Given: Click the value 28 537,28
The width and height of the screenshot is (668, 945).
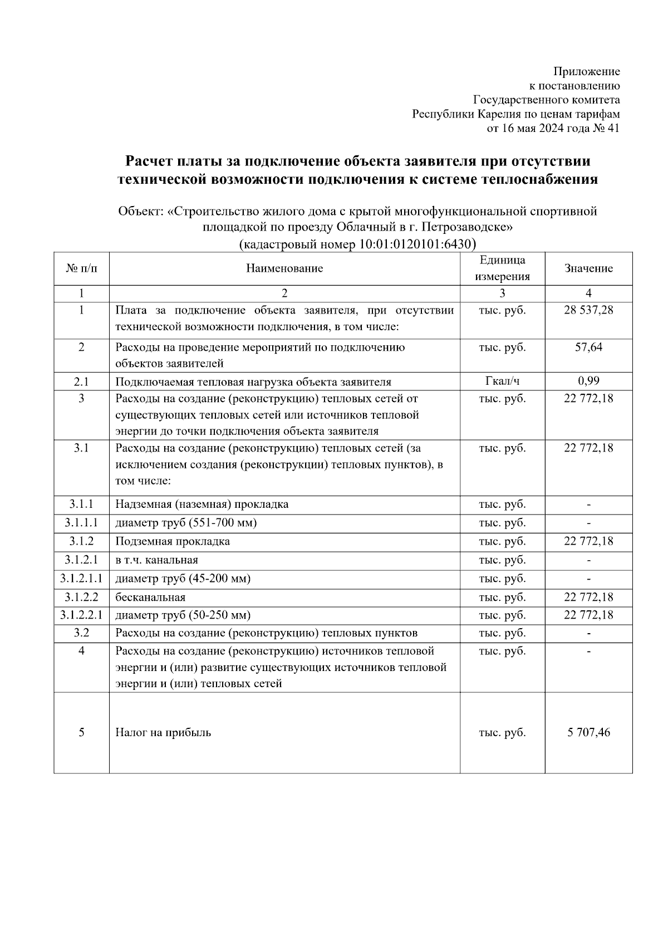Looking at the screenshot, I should click(588, 310).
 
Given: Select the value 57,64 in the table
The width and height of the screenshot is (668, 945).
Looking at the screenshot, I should click(588, 347).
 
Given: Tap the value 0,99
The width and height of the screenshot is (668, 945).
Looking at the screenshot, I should click(588, 381).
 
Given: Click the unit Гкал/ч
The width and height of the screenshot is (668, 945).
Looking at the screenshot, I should click(502, 381).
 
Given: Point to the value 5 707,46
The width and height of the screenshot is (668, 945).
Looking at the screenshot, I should click(588, 732).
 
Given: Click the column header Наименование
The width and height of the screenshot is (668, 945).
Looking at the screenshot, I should click(284, 268).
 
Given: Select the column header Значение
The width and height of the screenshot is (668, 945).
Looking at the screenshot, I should click(588, 268).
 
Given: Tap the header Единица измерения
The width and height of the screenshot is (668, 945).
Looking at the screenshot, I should click(502, 268).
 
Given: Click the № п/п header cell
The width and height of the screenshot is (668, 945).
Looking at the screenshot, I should click(81, 268).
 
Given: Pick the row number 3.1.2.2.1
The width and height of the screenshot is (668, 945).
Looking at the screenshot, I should click(81, 615).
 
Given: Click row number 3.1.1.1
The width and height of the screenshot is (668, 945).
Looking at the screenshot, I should click(81, 523).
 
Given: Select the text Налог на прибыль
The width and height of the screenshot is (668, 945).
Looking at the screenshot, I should click(163, 732).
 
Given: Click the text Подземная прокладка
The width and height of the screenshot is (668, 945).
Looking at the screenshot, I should click(173, 541).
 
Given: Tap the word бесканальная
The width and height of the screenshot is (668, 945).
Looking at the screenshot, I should click(150, 597).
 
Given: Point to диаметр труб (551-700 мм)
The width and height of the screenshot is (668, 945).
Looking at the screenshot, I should click(186, 523).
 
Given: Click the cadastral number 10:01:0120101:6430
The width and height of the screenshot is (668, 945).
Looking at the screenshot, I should click(412, 244).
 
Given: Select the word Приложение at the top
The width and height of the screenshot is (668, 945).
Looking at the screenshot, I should click(586, 71).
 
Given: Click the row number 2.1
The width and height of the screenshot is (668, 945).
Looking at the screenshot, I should click(81, 381).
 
